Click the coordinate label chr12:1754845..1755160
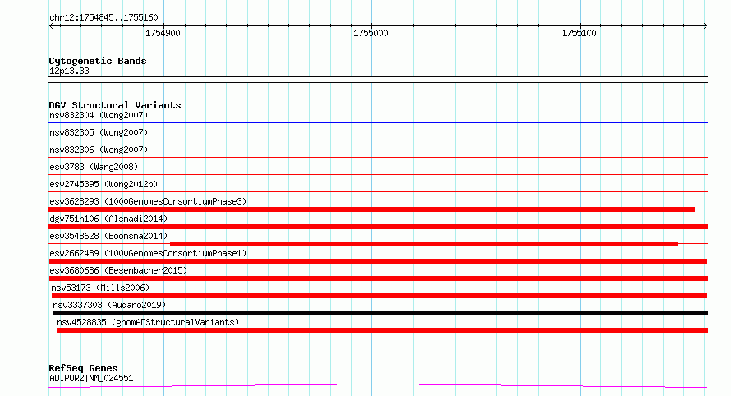tap(103, 18)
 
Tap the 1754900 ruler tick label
tap(163, 33)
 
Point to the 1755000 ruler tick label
tap(370, 33)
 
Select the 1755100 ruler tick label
tap(579, 33)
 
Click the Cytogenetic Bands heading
tap(98, 61)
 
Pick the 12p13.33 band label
tap(69, 71)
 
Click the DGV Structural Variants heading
tap(115, 105)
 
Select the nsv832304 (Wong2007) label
tap(99, 115)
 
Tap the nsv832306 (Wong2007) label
tap(99, 150)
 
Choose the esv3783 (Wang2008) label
tap(94, 167)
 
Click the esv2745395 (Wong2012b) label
tap(103, 184)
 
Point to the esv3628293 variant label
tap(148, 201)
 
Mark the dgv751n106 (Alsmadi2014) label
tap(108, 219)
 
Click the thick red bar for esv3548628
tap(425, 244)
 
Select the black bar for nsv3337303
tap(380, 313)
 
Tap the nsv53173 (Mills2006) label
tap(100, 288)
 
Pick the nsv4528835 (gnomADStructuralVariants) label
tap(148, 322)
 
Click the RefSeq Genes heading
tap(83, 368)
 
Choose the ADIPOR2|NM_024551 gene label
tap(91, 378)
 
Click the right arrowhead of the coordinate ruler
tap(706, 26)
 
